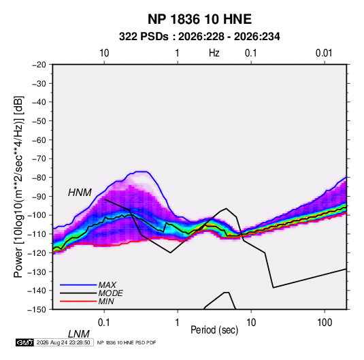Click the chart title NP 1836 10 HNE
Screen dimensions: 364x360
(x=199, y=19)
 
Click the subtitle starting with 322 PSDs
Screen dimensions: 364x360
(x=199, y=37)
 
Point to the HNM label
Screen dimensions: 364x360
(x=80, y=193)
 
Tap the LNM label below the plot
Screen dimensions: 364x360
(x=79, y=334)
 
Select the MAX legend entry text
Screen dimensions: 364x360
(x=107, y=285)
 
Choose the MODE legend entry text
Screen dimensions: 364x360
(x=110, y=293)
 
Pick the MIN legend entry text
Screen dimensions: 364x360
(x=106, y=301)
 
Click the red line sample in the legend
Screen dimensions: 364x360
(x=78, y=301)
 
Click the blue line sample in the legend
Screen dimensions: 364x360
(x=78, y=285)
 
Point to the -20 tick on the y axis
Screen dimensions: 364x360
(x=39, y=65)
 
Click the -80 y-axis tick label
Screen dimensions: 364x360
(x=39, y=178)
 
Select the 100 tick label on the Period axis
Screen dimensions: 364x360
(x=325, y=323)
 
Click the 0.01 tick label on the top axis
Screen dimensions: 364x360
(x=324, y=53)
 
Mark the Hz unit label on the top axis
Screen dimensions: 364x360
(x=214, y=53)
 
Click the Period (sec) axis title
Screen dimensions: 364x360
(x=214, y=330)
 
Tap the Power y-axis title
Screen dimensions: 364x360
(x=18, y=187)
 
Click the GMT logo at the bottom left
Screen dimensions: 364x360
(x=24, y=342)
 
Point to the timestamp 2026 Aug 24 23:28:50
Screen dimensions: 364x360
(x=63, y=342)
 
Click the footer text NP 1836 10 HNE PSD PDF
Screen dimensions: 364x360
(x=127, y=342)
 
